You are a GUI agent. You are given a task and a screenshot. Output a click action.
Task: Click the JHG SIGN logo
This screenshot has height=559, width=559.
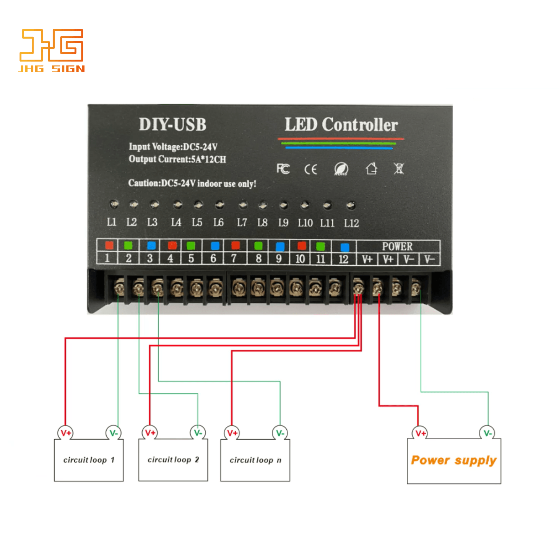[x=51, y=50]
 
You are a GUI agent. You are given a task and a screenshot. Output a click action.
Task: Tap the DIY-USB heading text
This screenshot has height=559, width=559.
[x=172, y=124]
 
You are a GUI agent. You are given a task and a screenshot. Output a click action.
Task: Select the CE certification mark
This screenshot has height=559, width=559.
[x=310, y=169]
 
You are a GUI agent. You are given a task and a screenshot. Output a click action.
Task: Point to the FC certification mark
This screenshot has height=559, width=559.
[x=283, y=169]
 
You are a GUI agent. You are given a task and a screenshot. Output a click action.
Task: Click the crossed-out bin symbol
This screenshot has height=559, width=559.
[x=398, y=168]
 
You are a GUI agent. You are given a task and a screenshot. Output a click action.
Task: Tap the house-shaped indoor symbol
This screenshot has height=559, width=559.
[x=371, y=168]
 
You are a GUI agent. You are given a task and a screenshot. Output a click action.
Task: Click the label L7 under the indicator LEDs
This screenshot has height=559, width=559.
[x=242, y=223]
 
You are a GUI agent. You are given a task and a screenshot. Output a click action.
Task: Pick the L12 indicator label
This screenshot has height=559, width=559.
[x=351, y=223]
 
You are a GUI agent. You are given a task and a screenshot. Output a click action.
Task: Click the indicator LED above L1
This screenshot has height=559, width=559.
[x=114, y=204]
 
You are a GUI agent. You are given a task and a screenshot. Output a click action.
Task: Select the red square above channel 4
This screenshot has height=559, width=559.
[x=172, y=245]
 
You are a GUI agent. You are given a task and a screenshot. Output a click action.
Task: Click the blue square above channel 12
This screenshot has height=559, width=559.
[x=344, y=247]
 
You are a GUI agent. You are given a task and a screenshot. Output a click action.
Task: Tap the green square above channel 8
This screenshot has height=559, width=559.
[x=258, y=246]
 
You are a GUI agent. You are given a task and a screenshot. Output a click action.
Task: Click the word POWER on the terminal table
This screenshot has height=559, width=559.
[x=397, y=246]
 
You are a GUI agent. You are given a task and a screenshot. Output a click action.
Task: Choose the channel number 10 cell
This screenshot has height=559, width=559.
[x=300, y=258]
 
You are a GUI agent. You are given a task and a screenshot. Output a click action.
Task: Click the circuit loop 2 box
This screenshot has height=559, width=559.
[x=173, y=460]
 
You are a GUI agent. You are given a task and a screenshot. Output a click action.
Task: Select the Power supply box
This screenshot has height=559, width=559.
[x=454, y=461]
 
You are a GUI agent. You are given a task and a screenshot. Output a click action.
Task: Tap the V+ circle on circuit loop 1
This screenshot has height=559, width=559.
[x=65, y=433]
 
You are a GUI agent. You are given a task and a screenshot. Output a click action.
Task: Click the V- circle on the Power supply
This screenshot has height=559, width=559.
[x=487, y=433]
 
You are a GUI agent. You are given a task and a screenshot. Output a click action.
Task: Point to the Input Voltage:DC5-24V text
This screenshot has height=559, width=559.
[x=173, y=146]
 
